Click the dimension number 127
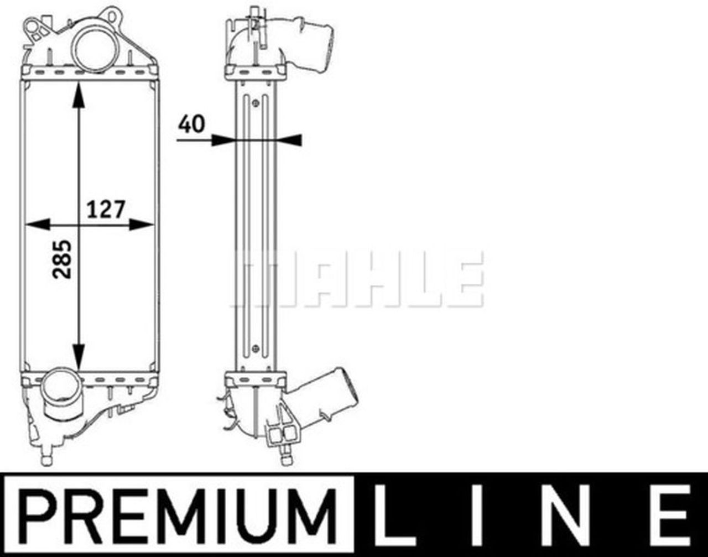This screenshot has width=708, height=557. (x=106, y=209)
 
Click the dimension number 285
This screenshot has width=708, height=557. (x=62, y=259)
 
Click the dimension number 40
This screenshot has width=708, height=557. (x=191, y=124)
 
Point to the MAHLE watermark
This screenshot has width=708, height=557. (x=357, y=279)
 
